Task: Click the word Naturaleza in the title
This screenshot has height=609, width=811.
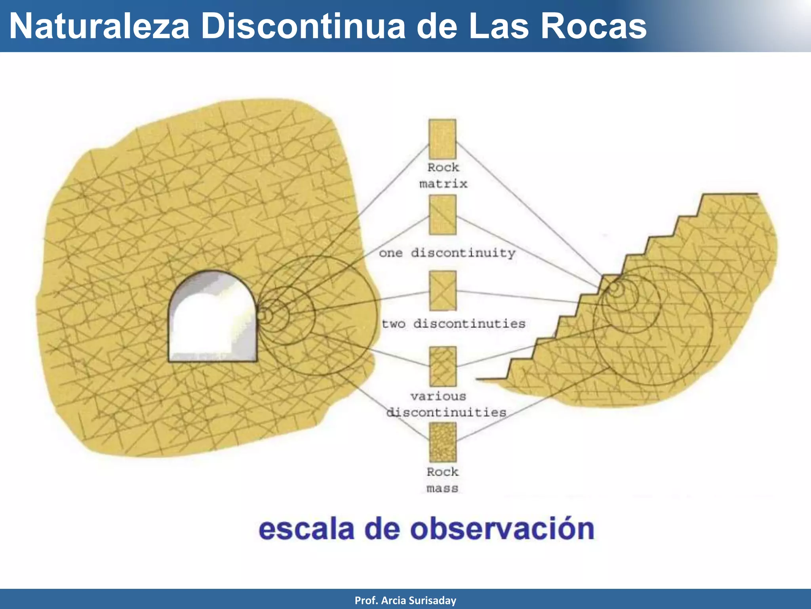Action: coord(99,26)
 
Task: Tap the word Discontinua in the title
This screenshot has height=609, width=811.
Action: coord(303,26)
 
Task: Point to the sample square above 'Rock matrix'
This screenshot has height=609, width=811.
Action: coord(442,139)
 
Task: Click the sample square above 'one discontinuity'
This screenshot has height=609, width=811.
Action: coord(442,215)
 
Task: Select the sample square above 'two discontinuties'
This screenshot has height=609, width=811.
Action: coord(443,291)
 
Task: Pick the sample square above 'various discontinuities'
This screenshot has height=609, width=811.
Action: coord(443,366)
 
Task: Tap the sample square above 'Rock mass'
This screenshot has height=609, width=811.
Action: coord(443,442)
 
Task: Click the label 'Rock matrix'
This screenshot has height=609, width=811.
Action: coord(443,176)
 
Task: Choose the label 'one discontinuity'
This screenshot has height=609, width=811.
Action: coord(447,253)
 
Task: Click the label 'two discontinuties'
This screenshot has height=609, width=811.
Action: coord(453,324)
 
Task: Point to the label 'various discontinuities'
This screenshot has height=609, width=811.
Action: coord(445,404)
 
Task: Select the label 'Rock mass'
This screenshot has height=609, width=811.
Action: coord(442,480)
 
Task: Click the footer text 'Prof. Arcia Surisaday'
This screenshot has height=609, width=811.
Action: coord(405,600)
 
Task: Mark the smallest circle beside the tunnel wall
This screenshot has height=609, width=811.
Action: coord(265,316)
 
